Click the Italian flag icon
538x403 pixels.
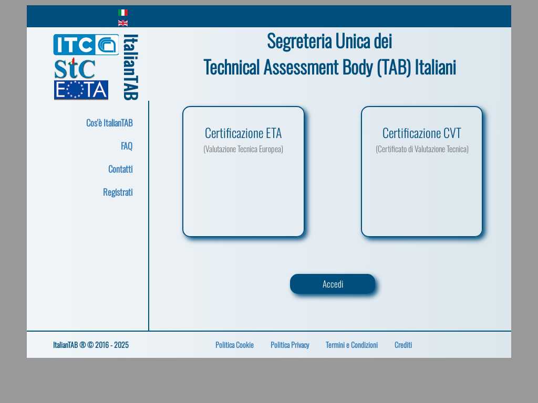123,13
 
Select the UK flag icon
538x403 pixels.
123,23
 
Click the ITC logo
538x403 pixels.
86,45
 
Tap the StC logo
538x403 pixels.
75,68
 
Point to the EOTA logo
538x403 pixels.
81,90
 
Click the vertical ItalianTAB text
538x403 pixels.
131,67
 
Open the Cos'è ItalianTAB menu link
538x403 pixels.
109,123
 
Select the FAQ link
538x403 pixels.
127,146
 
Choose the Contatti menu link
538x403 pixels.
120,169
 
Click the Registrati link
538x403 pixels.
118,192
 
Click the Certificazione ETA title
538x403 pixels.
243,133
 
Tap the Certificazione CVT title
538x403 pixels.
422,133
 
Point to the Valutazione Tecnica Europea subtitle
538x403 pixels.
243,149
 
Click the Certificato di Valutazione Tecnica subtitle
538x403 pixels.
422,149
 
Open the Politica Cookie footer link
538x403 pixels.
235,345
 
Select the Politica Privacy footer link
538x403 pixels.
290,345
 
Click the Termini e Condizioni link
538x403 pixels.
351,345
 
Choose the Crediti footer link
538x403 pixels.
403,345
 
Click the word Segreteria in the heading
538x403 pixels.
299,41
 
